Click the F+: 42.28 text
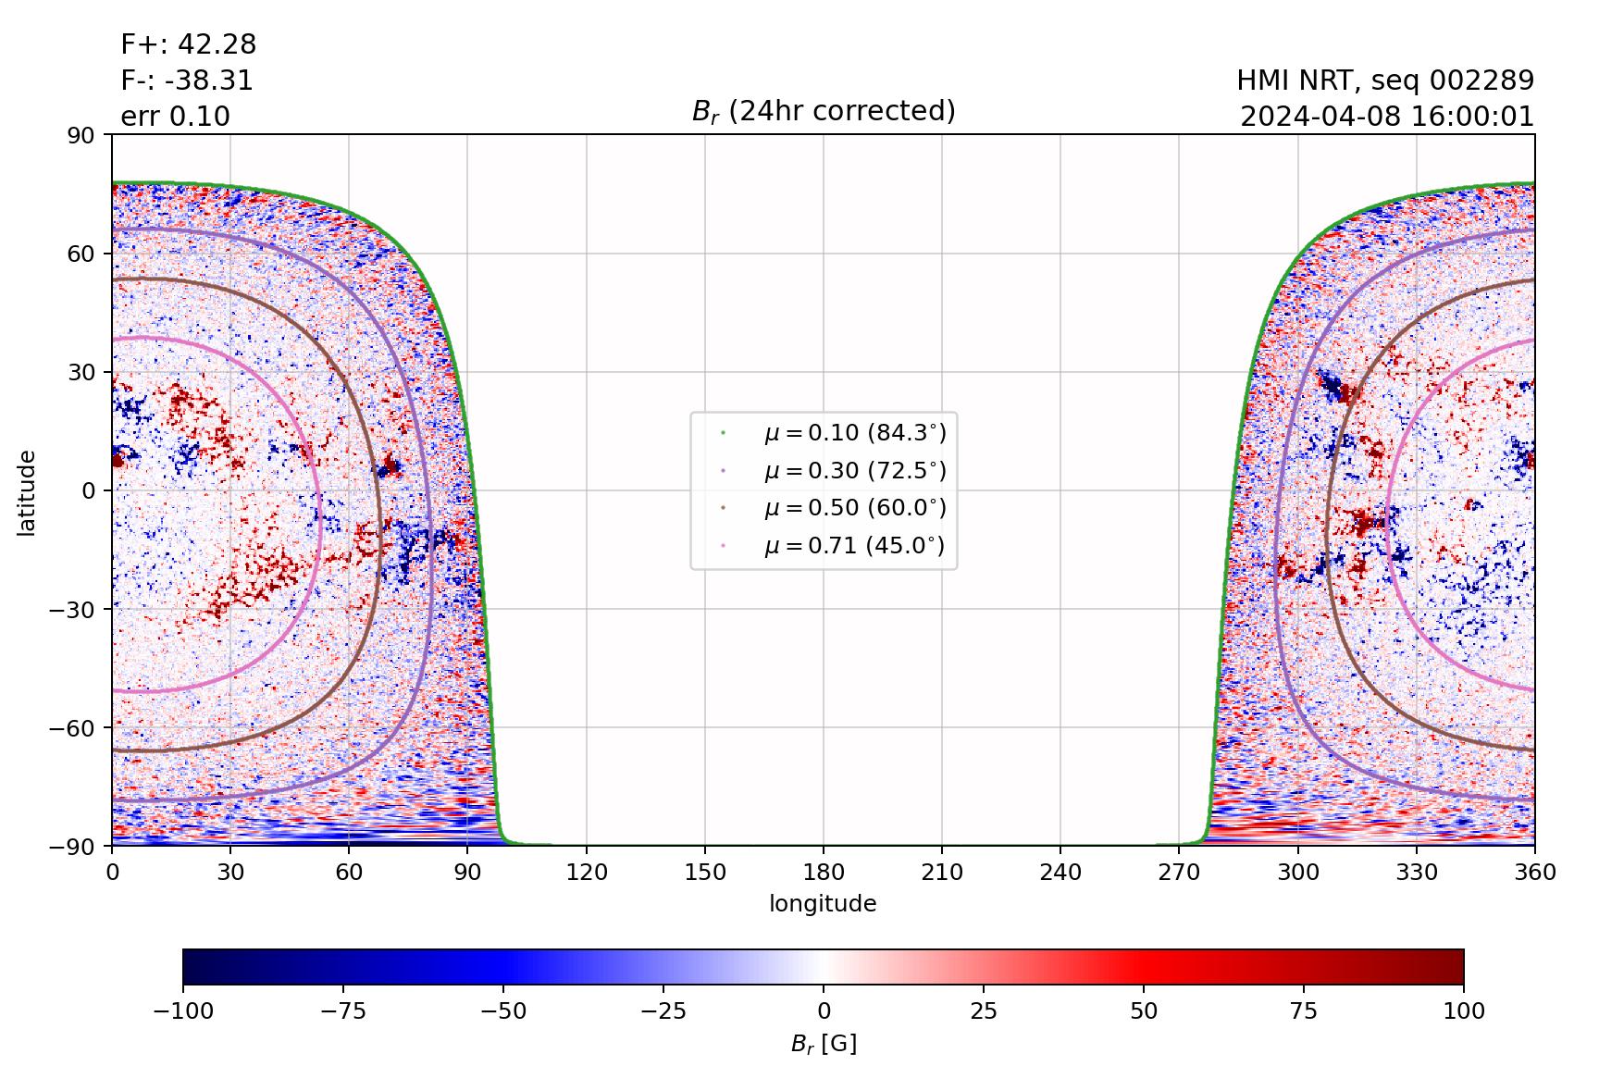coord(189,44)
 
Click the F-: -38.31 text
coord(187,81)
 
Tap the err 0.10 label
coord(176,117)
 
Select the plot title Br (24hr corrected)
coord(824,111)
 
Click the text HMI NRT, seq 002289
coord(1385,81)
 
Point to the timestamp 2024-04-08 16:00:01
coord(1387,117)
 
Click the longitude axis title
coord(823,904)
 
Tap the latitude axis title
coord(27,490)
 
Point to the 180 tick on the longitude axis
coord(824,872)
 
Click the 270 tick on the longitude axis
coord(1179,872)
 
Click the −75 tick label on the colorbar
coord(343,1010)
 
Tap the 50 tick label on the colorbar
coord(1144,1010)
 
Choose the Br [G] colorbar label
coord(824,1044)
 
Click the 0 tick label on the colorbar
coord(824,1010)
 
